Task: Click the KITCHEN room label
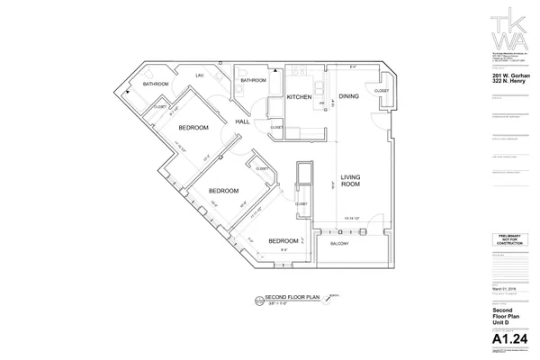click(299, 96)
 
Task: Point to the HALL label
click(242, 121)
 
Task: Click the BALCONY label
click(339, 244)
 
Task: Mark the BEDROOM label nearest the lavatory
click(193, 128)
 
